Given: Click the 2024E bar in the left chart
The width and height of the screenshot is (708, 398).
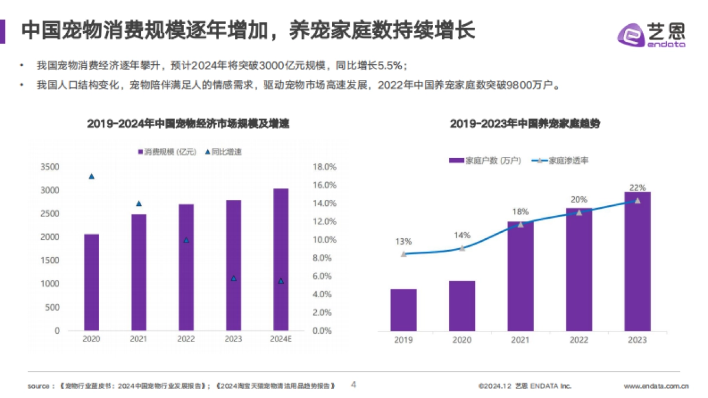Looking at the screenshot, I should point(281,259).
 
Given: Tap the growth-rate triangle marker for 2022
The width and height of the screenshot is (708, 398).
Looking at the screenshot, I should point(186,240).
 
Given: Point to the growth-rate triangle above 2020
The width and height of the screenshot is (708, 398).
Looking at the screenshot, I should point(91,176).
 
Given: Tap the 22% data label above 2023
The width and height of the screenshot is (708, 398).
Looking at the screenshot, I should point(637,188).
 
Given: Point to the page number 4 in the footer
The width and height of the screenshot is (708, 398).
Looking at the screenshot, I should point(354,384).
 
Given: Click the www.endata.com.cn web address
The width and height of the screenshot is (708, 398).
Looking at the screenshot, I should point(656,386).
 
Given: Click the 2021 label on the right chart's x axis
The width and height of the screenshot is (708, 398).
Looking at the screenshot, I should point(520,340).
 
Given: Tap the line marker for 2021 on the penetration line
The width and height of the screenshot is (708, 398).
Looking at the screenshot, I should point(520,224).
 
